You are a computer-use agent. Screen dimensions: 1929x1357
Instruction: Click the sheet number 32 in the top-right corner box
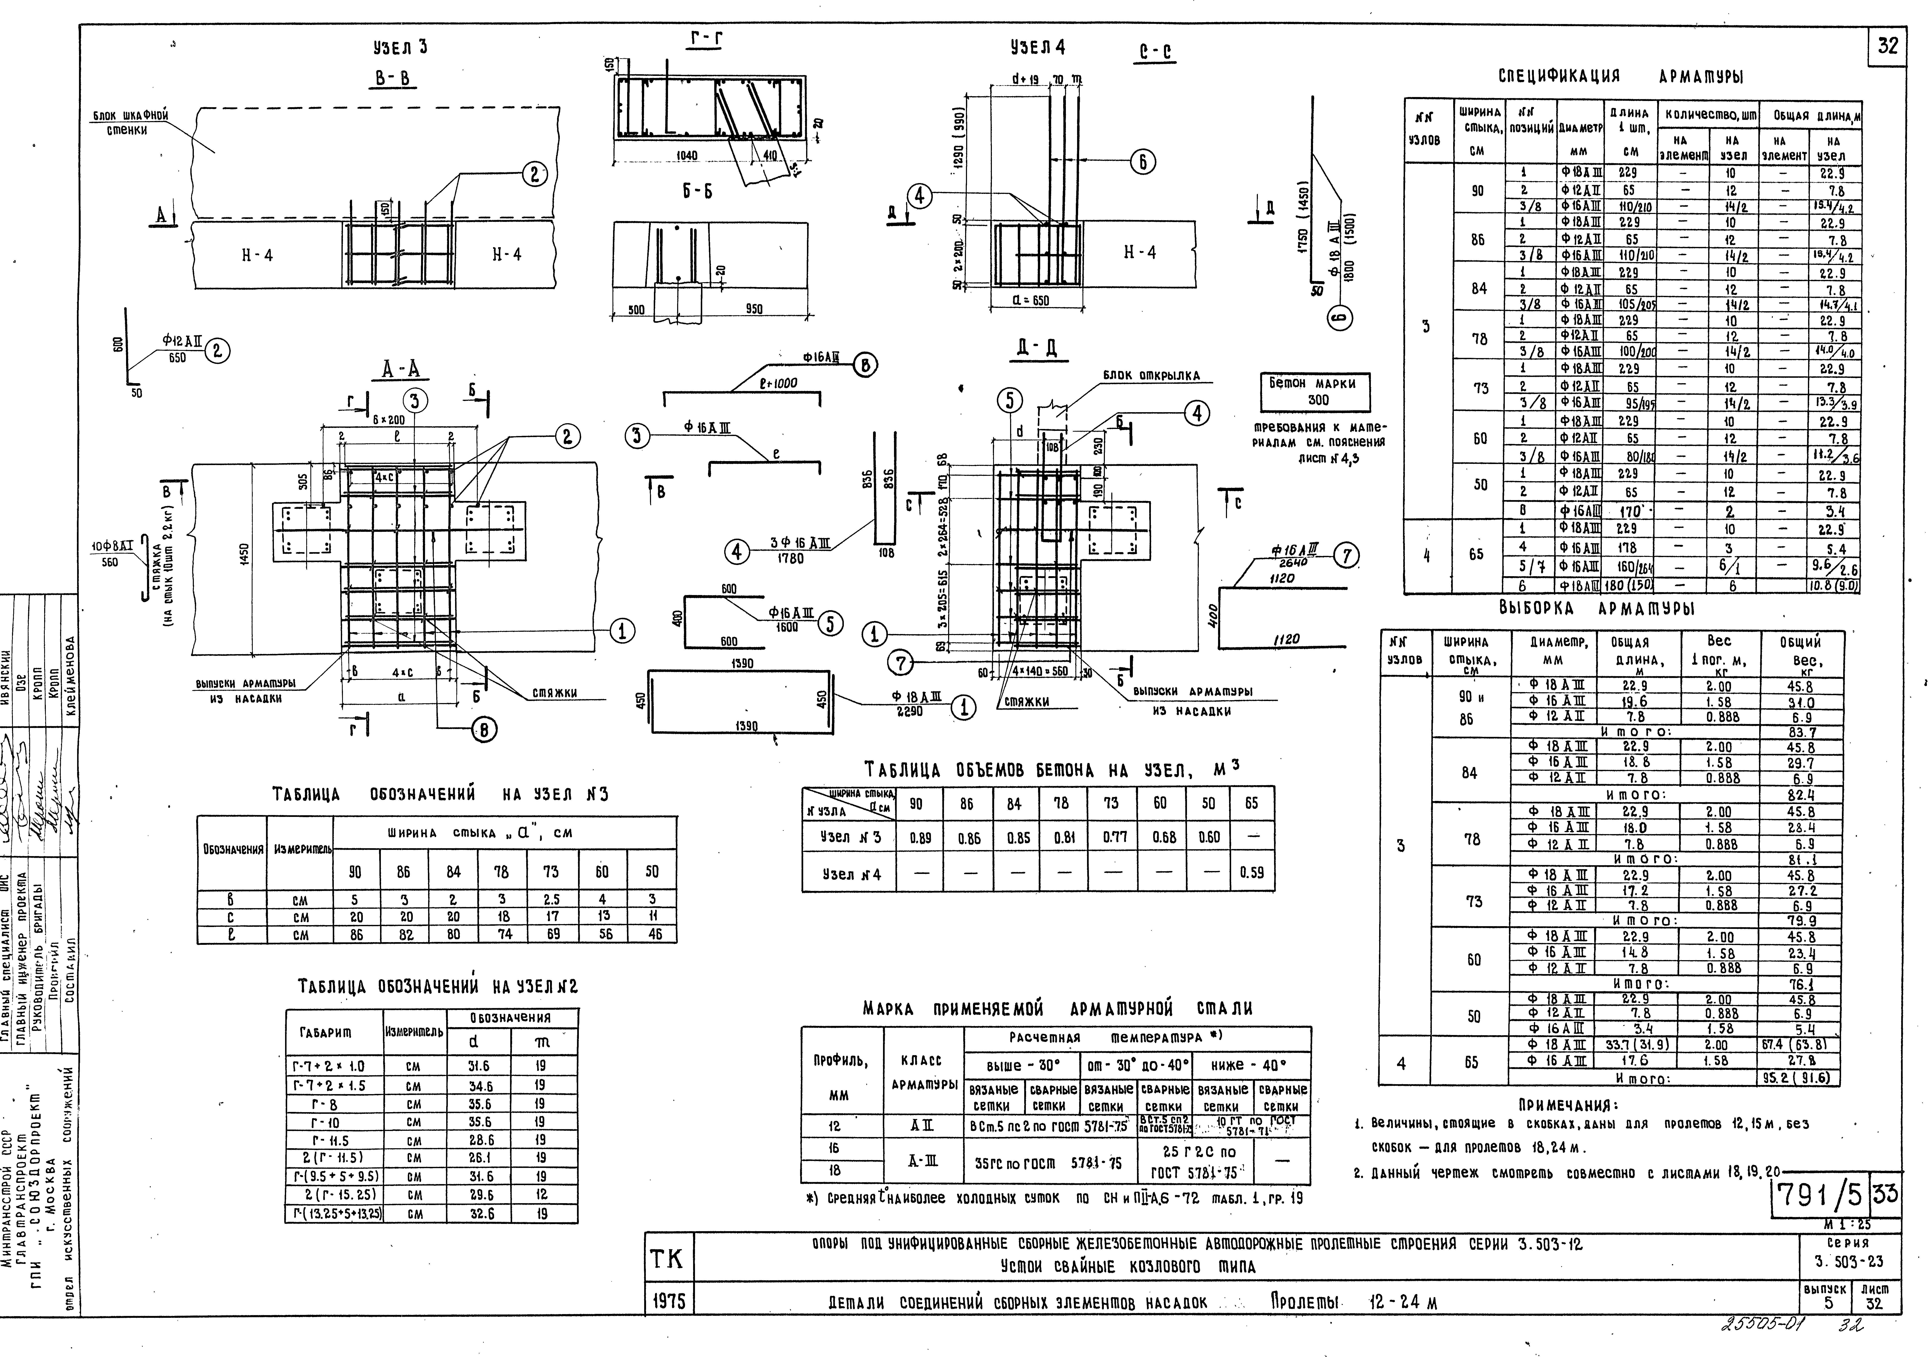[1887, 46]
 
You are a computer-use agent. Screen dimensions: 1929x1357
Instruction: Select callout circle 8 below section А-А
[484, 731]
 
